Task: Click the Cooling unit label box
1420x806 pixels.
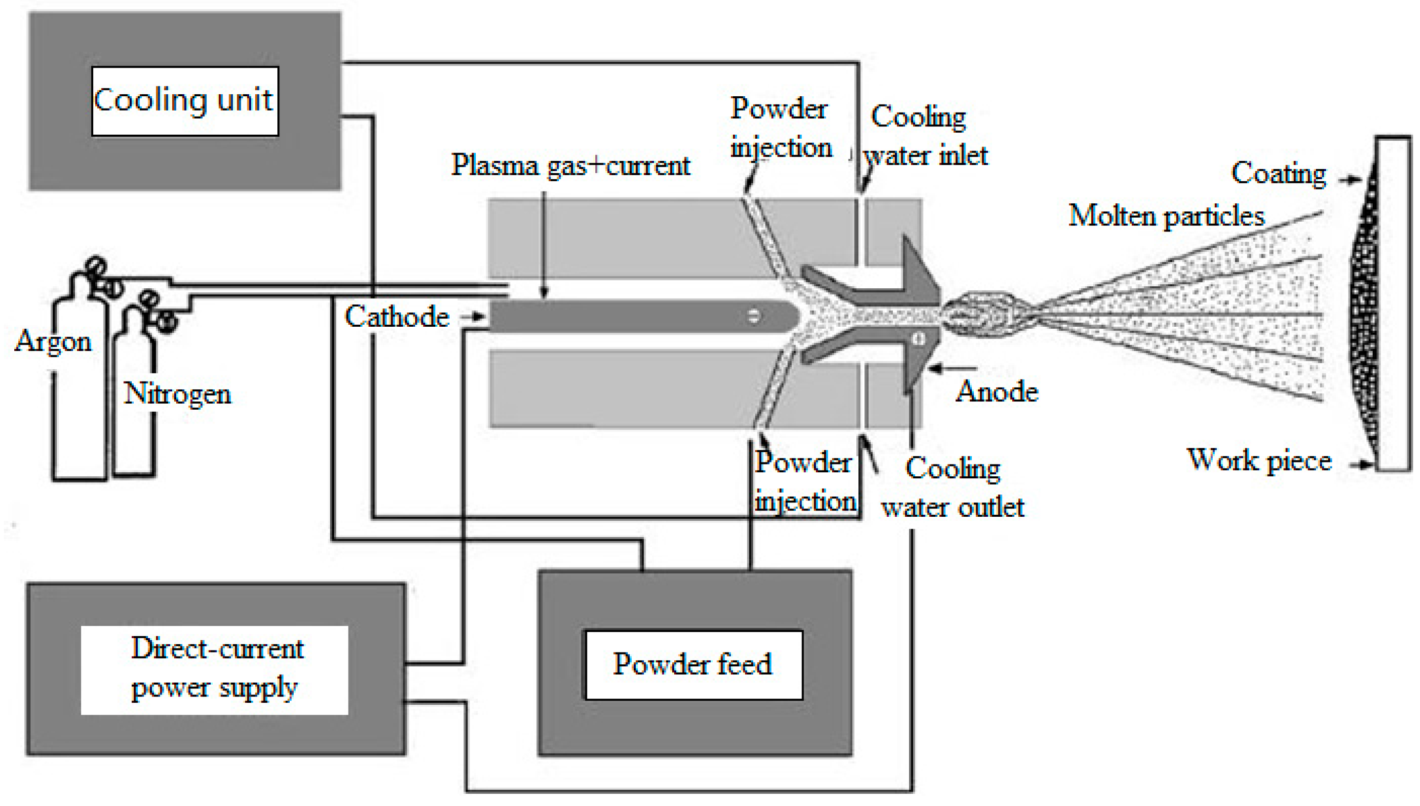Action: point(185,101)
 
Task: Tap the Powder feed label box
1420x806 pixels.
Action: point(693,664)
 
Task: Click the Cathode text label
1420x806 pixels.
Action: point(397,317)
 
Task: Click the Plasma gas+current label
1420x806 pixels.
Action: point(570,165)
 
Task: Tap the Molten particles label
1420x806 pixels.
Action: point(1166,216)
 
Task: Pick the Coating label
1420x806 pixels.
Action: point(1278,173)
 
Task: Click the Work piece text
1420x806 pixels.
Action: point(1259,460)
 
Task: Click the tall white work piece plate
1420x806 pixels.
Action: point(1393,304)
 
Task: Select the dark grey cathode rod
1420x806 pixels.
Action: point(636,316)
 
